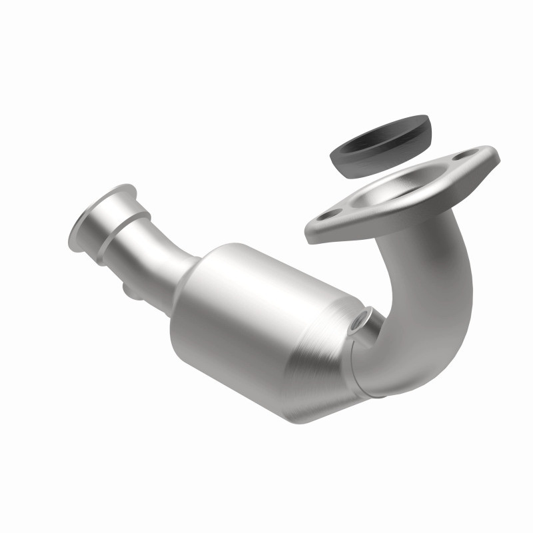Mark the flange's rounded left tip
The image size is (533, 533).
(310, 230)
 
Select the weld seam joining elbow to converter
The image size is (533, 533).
(360, 373)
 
